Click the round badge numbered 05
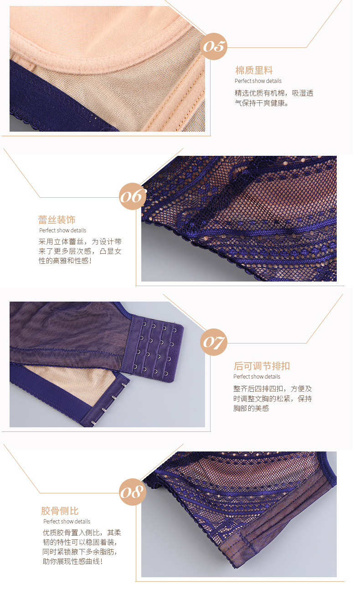pos(214,46)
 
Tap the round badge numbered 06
pos(133,196)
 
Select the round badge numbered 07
pos(214,342)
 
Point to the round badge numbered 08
pos(133,492)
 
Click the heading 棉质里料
pos(254,70)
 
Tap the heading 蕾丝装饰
pos(57,220)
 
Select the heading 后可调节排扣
pos(262,366)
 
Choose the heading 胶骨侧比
pos(60,511)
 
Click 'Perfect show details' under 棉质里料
pos(258,81)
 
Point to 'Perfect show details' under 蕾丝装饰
pos(62,231)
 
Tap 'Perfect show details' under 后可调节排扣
pos(257,377)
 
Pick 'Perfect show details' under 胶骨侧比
pos(67,521)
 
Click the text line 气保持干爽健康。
pos(262,103)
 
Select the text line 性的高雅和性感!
pos(65,261)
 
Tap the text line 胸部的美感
pos(251,408)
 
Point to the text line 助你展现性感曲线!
pos(73,561)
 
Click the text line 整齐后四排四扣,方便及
pos(273,389)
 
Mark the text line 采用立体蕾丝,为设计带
pos(80,241)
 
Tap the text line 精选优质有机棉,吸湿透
pos(274,93)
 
